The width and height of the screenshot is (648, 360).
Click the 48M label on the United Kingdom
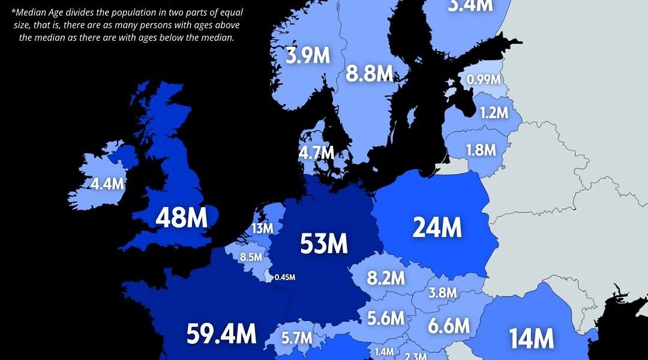[x=181, y=219]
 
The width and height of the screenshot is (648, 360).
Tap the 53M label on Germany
[x=324, y=243]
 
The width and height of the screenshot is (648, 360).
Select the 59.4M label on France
[x=221, y=334]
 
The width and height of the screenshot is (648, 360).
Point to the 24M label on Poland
[x=437, y=227]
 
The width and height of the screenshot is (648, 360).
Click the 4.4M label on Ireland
[x=107, y=184]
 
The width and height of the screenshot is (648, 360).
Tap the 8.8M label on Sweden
[x=369, y=74]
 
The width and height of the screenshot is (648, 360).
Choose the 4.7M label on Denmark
[x=316, y=152]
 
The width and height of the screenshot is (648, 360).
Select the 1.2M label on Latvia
[x=494, y=112]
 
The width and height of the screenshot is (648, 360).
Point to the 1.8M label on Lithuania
[x=481, y=150]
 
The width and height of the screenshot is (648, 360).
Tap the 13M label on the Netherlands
[x=263, y=228]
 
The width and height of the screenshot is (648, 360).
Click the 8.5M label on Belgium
[x=251, y=257]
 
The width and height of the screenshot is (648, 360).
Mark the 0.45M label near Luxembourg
[x=284, y=277]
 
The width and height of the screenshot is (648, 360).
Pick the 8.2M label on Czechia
[x=386, y=278]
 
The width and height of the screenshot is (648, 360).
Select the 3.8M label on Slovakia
[x=442, y=293]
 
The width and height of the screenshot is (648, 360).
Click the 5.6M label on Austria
[x=386, y=318]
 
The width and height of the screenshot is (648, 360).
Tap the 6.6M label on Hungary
[x=448, y=326]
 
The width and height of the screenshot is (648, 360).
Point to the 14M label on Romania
[x=531, y=338]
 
